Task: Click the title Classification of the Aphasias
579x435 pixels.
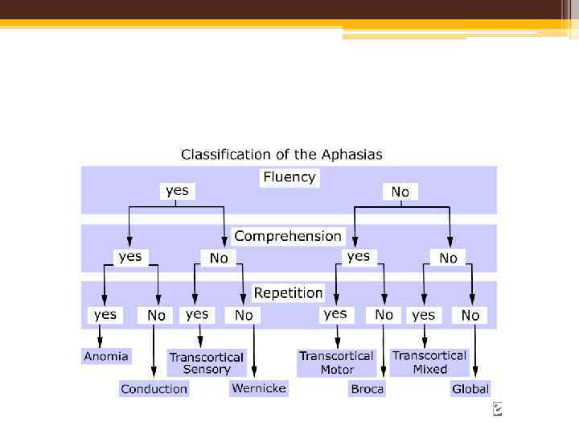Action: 281,154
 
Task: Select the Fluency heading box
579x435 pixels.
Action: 289,177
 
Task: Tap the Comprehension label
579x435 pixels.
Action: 288,236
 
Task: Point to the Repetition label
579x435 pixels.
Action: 289,293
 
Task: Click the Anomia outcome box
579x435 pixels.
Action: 106,356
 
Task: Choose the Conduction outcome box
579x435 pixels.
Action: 154,389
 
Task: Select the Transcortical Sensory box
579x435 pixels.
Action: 207,363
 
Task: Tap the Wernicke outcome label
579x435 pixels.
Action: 258,388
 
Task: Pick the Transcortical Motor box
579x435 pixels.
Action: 336,362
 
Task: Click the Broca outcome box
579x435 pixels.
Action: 368,389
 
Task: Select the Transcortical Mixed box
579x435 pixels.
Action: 429,362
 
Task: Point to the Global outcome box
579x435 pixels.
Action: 470,389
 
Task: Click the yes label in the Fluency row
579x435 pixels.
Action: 177,191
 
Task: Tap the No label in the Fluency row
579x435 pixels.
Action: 400,192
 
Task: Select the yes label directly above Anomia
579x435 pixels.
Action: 105,315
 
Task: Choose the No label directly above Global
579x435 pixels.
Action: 470,316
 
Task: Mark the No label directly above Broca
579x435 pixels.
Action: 384,316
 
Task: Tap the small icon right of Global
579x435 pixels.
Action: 498,409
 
